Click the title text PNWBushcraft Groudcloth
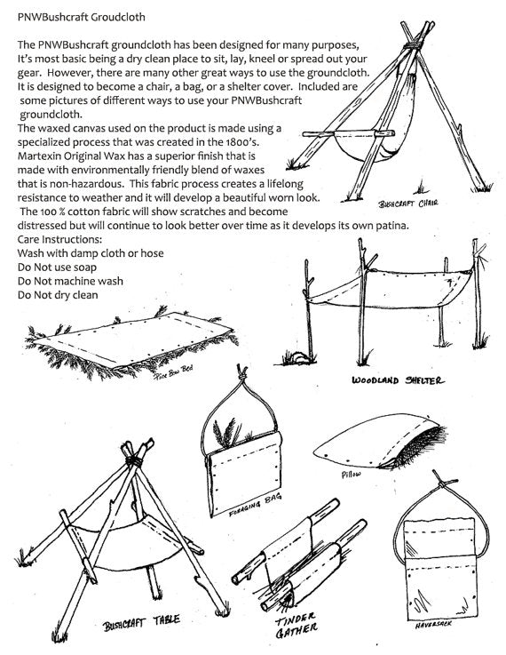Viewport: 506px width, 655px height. coord(82,17)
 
